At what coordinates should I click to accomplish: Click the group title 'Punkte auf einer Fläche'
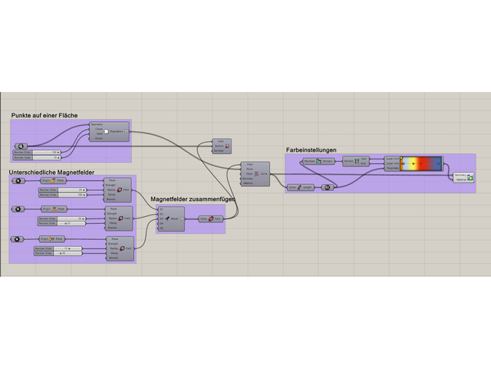(x=44, y=115)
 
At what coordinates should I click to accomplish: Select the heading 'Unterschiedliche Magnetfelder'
(x=57, y=172)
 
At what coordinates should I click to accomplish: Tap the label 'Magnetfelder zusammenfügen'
(x=193, y=199)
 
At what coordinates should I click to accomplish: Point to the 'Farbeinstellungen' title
(x=311, y=150)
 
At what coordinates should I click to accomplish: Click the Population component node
(x=109, y=131)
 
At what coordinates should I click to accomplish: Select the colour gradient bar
(x=421, y=163)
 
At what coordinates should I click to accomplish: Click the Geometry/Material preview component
(x=464, y=177)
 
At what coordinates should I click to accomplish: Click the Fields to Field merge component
(x=211, y=219)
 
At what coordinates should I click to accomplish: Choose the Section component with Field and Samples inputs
(x=222, y=146)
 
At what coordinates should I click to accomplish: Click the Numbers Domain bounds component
(x=318, y=161)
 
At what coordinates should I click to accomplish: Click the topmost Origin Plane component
(x=53, y=181)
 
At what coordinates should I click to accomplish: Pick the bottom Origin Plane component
(x=53, y=238)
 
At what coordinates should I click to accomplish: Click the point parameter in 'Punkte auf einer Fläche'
(x=21, y=145)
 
